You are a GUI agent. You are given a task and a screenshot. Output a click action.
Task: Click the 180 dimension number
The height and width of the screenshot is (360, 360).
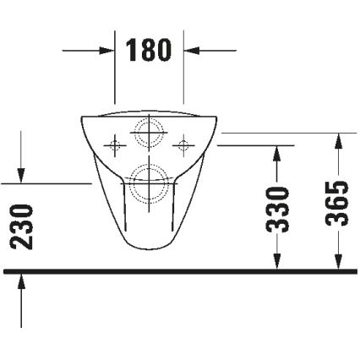(150, 50)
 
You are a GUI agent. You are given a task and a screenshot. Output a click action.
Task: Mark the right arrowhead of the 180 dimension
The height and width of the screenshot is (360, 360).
(193, 50)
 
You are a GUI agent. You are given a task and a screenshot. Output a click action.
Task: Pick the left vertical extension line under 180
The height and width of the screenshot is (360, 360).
(115, 76)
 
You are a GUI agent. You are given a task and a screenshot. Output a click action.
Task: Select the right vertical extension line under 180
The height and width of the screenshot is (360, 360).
(184, 76)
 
